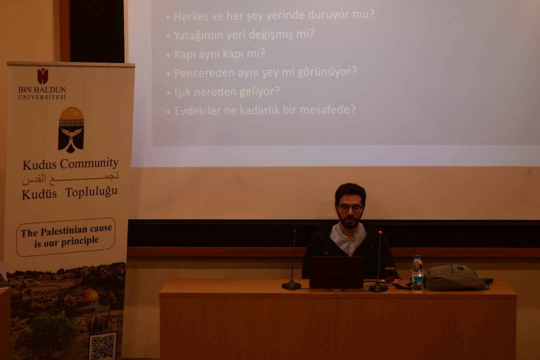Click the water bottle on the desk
point(417,273)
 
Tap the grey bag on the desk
point(456,277)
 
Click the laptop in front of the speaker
point(336,272)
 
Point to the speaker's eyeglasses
point(351,208)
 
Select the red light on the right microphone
point(380,232)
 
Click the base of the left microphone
point(291,286)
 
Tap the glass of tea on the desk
point(389,274)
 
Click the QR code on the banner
point(103,346)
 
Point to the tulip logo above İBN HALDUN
point(43,76)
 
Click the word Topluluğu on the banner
point(91,192)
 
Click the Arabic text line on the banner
point(70,179)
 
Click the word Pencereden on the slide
point(204,73)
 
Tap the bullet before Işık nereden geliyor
point(168,93)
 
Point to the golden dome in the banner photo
point(90,295)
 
